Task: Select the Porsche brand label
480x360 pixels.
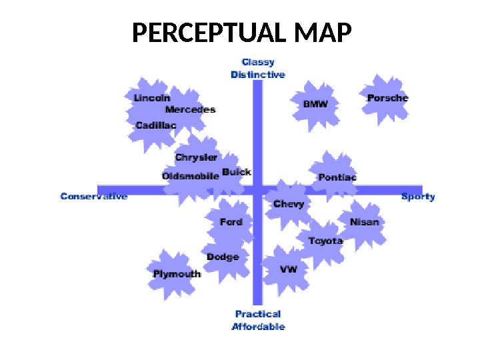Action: pyautogui.click(x=387, y=98)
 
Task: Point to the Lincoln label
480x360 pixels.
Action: pyautogui.click(x=152, y=98)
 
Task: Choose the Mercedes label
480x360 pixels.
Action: pyautogui.click(x=190, y=109)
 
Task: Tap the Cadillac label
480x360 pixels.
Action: pyautogui.click(x=156, y=125)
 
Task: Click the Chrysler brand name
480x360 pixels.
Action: pyautogui.click(x=196, y=158)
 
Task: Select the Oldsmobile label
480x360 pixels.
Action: pyautogui.click(x=191, y=177)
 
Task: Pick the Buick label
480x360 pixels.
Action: pyautogui.click(x=237, y=172)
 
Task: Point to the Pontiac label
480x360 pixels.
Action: pyautogui.click(x=337, y=177)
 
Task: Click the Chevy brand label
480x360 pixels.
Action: pyautogui.click(x=289, y=204)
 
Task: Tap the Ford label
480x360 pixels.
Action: pyautogui.click(x=231, y=222)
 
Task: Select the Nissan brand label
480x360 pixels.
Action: pyautogui.click(x=365, y=222)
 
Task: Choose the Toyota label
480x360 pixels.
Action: pyautogui.click(x=325, y=241)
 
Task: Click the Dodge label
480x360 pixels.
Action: pyautogui.click(x=223, y=257)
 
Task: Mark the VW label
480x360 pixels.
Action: pyautogui.click(x=288, y=269)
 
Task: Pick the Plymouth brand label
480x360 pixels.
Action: pyautogui.click(x=177, y=274)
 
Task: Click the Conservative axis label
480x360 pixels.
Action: pyautogui.click(x=94, y=197)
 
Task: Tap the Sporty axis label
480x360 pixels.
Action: pyautogui.click(x=418, y=197)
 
